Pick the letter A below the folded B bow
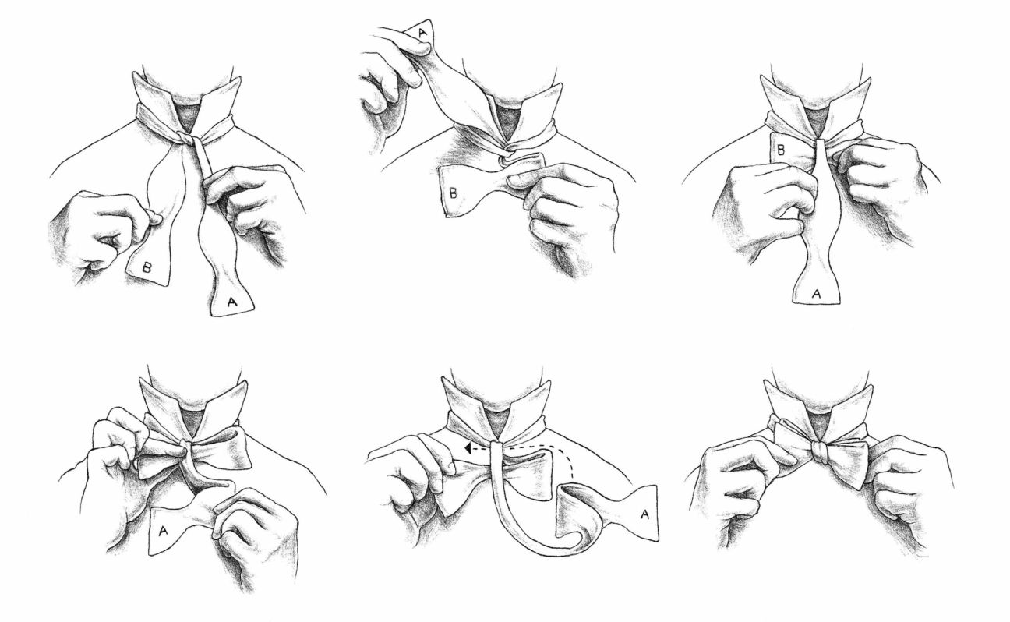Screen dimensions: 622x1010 [817, 293]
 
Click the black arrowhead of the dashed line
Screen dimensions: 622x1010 [466, 449]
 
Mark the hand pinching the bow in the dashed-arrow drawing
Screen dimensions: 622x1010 [413, 468]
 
